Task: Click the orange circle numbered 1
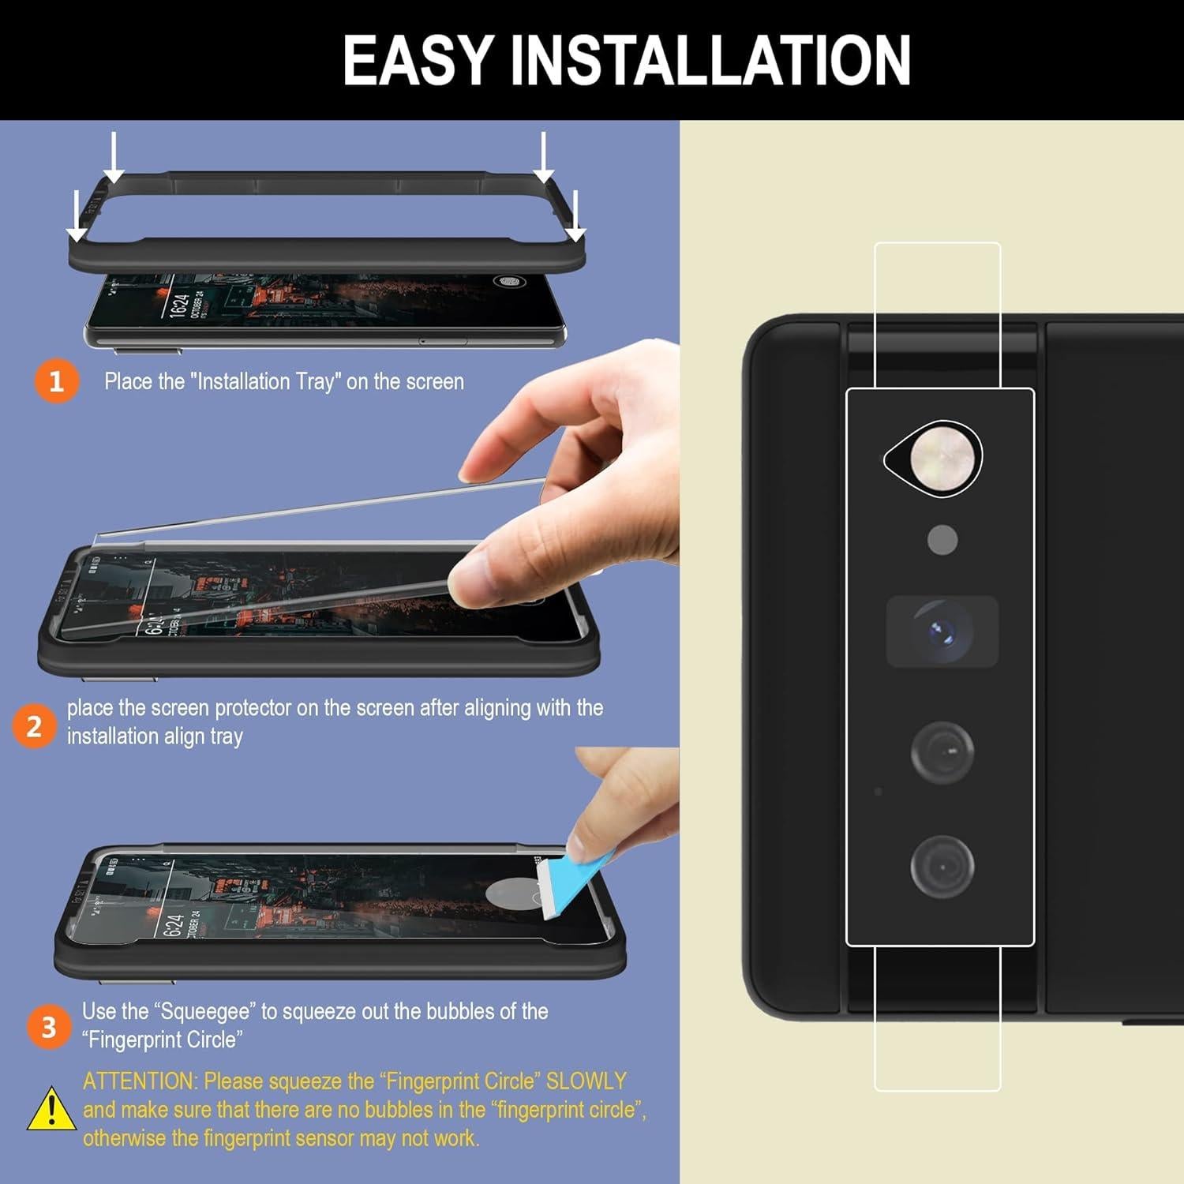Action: pos(56,381)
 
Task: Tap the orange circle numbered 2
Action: pos(34,726)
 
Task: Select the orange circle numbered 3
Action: pos(48,1027)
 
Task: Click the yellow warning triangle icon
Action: pos(51,1109)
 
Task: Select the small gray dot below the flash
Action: pos(942,540)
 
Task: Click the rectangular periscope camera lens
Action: pos(942,631)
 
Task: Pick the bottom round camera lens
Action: pos(942,866)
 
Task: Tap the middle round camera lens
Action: pos(942,751)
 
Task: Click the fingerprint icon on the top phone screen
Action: pos(505,282)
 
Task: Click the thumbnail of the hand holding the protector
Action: pos(545,505)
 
